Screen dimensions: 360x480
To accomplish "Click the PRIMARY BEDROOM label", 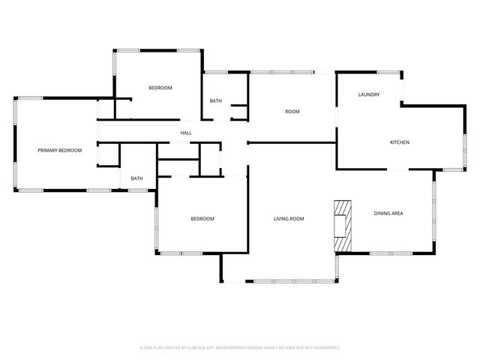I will click(x=59, y=151).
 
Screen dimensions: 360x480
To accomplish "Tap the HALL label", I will click(x=186, y=133).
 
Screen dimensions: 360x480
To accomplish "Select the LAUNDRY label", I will click(x=368, y=94).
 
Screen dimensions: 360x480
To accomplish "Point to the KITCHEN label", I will click(x=399, y=142).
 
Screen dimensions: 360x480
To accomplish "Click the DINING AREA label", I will click(x=388, y=214).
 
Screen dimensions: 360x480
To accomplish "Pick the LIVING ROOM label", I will click(x=289, y=219).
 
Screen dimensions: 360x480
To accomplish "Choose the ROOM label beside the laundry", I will click(x=292, y=112).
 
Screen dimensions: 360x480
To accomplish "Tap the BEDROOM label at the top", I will click(x=160, y=88).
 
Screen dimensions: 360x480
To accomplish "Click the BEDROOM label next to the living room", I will click(x=202, y=219).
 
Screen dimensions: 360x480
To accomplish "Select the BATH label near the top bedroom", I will click(x=215, y=101).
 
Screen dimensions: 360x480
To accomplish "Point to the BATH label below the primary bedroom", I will click(x=137, y=178).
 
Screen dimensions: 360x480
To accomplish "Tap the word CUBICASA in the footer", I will click(x=212, y=348).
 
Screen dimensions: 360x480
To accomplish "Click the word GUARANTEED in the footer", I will click(x=322, y=348).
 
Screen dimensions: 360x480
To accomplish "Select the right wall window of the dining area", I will click(x=434, y=214).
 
